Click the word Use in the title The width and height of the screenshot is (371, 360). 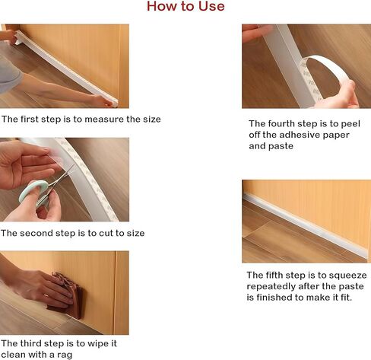point(211,6)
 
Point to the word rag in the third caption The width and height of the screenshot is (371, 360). point(65,355)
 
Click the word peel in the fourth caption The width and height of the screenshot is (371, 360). point(350,123)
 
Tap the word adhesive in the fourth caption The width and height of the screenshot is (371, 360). point(300,135)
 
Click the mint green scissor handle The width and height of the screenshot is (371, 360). point(33,191)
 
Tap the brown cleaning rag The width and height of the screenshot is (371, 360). point(67,295)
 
